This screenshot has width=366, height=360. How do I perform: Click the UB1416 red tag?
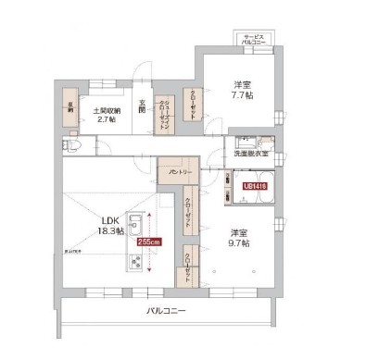click(x=255, y=186)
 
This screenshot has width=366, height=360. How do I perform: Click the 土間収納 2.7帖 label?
click(x=104, y=116)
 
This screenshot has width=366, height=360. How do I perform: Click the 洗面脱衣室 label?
click(x=251, y=154)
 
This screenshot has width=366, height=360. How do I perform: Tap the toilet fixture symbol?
click(x=73, y=146)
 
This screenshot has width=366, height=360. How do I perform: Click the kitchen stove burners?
click(x=133, y=262)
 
